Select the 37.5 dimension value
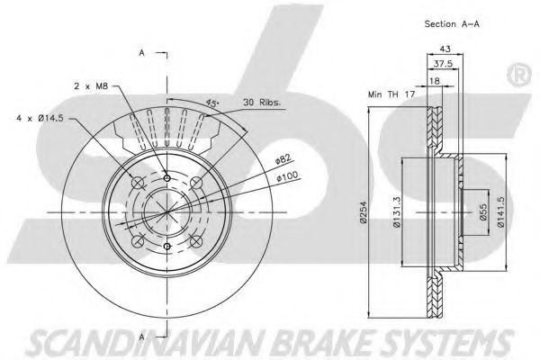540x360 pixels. click(440, 65)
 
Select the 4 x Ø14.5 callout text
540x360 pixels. click(40, 117)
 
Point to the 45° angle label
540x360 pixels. click(212, 104)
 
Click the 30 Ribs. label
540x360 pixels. click(263, 103)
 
